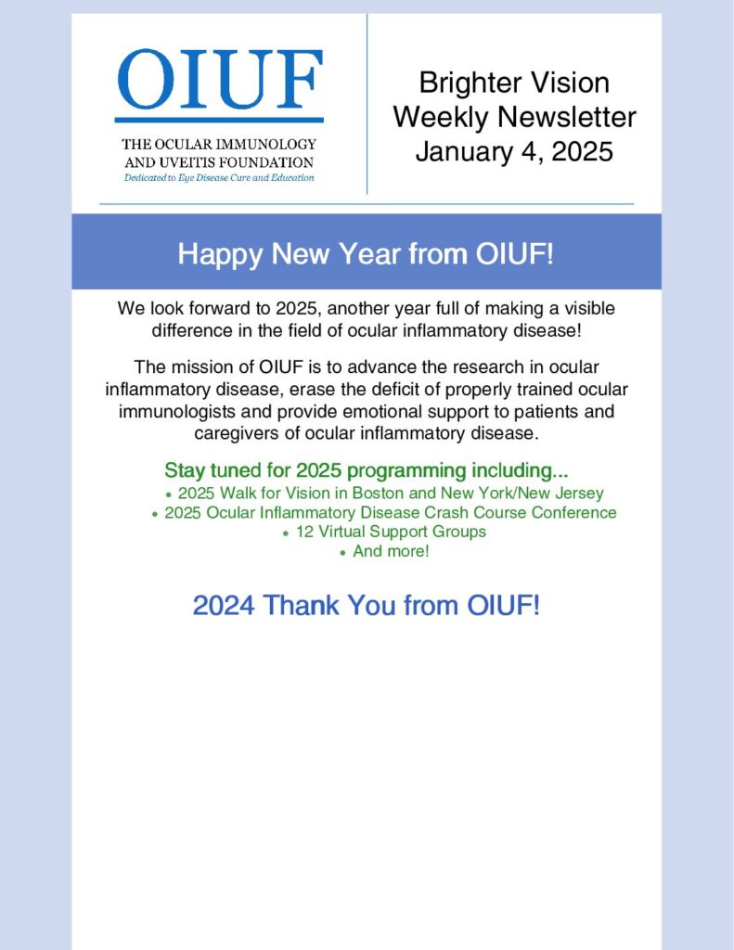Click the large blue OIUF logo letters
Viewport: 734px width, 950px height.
pos(219,80)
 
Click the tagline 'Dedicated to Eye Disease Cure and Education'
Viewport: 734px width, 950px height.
pos(219,178)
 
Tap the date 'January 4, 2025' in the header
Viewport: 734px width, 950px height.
pos(514,151)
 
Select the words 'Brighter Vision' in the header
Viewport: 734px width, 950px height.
pos(514,83)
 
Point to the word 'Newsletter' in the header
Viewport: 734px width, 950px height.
pos(567,117)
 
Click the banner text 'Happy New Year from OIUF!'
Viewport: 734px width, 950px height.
pos(366,253)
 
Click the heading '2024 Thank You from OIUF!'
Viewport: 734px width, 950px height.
pos(367,605)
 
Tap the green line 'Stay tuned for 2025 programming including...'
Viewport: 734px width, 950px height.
pos(367,470)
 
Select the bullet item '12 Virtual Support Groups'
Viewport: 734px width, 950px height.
pos(391,532)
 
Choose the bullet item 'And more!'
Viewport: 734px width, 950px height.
pos(391,551)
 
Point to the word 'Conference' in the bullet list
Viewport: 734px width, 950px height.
pos(574,512)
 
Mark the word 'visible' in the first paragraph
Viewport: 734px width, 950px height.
pos(590,308)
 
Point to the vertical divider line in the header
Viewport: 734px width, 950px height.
pos(367,104)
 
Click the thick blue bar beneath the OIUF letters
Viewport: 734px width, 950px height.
pos(219,120)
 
